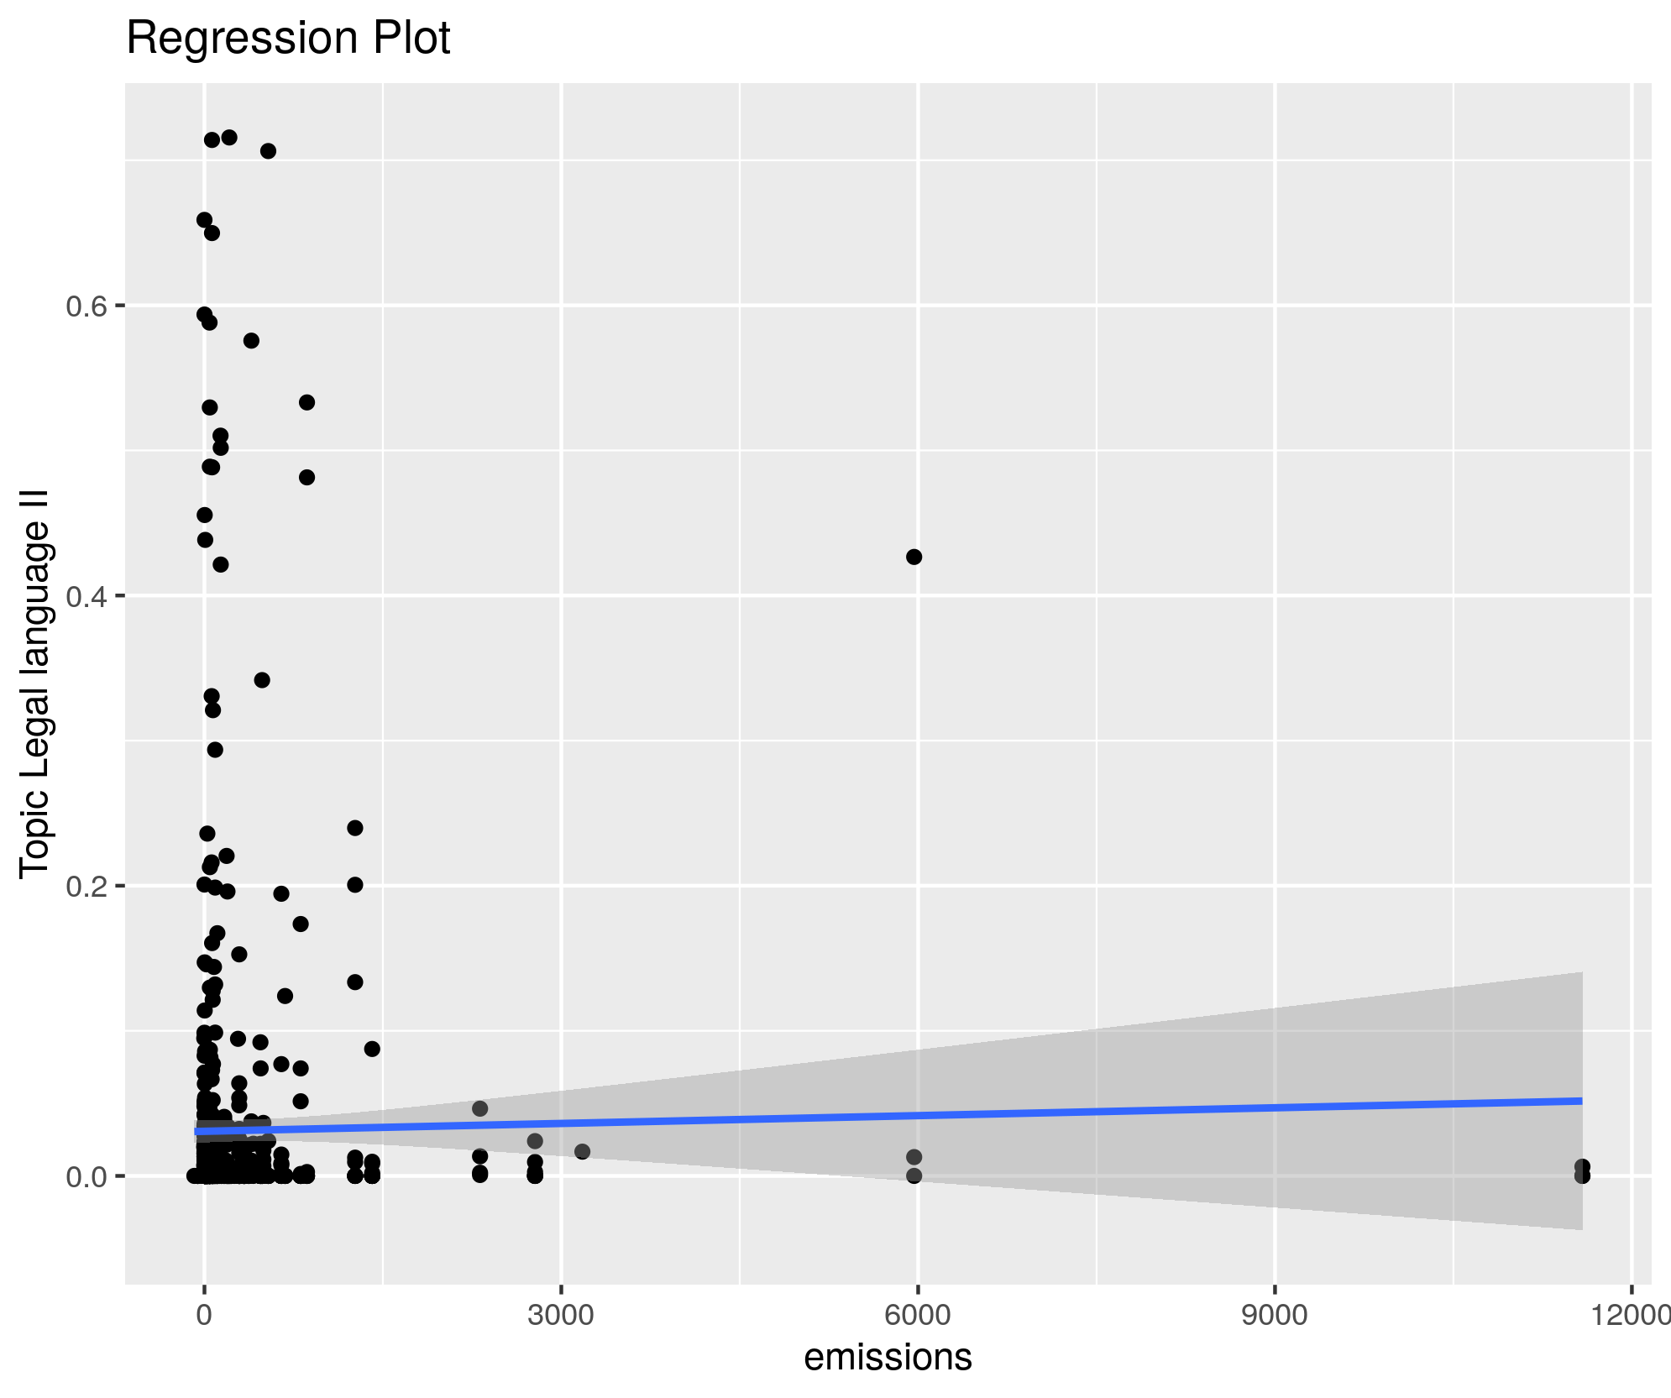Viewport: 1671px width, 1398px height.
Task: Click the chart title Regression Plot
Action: point(288,39)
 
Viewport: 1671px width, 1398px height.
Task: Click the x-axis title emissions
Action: point(888,1357)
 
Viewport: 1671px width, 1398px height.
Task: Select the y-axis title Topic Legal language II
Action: point(35,683)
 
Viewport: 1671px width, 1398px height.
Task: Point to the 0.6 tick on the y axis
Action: point(85,306)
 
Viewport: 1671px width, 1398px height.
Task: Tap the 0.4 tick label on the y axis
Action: point(85,596)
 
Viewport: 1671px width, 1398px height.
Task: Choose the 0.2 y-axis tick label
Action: point(85,886)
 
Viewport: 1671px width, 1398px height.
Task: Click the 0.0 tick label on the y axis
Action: point(85,1176)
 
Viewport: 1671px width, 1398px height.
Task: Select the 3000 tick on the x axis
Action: point(561,1315)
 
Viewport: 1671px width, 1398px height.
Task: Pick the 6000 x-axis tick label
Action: point(918,1315)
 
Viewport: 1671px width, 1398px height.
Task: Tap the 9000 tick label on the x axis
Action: point(1275,1315)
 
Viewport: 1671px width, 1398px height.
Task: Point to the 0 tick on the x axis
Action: point(204,1315)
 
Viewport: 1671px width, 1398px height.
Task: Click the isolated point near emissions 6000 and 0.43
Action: point(914,557)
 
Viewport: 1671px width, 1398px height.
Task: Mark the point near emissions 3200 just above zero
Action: point(582,1151)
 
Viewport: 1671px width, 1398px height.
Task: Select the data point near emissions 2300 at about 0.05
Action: point(479,1108)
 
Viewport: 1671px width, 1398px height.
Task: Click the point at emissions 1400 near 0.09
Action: point(372,1049)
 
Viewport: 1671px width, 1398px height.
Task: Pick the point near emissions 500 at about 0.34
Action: point(262,680)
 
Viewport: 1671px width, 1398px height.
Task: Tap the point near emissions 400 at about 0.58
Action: point(251,340)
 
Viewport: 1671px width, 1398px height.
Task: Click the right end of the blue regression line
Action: point(1581,1100)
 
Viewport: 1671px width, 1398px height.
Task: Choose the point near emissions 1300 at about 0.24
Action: point(355,828)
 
